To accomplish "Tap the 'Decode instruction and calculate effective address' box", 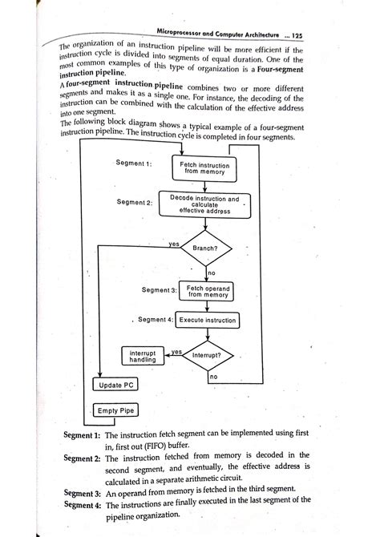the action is click(204, 204).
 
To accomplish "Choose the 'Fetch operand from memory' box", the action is click(208, 290).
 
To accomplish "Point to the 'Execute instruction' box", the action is click(208, 320).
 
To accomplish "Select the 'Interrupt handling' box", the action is click(143, 356).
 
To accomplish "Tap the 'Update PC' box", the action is click(116, 386).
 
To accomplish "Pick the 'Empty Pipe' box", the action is click(116, 411).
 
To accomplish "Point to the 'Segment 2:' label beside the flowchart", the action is click(134, 203).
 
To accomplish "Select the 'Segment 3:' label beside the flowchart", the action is click(158, 290).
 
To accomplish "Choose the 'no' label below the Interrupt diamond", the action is click(213, 376).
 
